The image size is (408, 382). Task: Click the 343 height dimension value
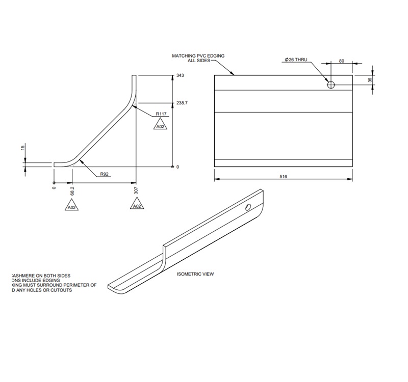[x=180, y=75]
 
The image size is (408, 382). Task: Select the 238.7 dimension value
[x=182, y=103]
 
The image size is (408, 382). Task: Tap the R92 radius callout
[x=104, y=174]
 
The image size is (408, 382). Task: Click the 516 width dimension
[x=284, y=176]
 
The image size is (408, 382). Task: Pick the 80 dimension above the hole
[x=341, y=61]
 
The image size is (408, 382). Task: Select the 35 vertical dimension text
[x=370, y=80]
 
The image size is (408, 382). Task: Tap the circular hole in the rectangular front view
[x=331, y=85]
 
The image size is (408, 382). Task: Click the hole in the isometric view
[x=248, y=207]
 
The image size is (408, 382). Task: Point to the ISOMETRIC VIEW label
[x=195, y=274]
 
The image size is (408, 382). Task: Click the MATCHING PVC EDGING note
[x=198, y=58]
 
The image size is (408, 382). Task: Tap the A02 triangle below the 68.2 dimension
[x=71, y=207]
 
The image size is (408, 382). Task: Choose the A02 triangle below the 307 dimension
[x=136, y=205]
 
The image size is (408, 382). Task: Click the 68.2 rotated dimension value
[x=72, y=190]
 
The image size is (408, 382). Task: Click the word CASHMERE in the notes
[x=25, y=276]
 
